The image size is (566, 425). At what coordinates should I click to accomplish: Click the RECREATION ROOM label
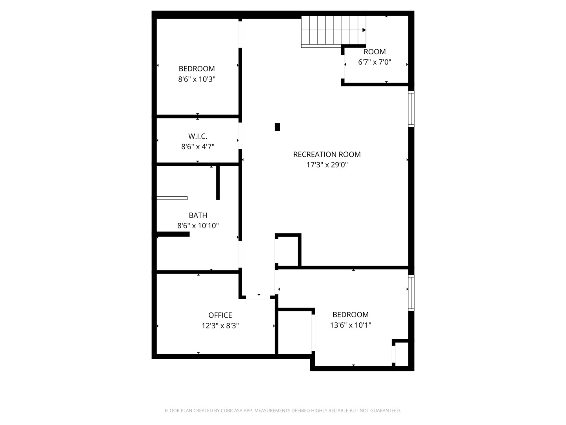(x=327, y=154)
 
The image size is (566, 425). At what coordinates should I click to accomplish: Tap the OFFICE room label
(x=220, y=315)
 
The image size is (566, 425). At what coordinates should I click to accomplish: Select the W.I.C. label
(x=198, y=136)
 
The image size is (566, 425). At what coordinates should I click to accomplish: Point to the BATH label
(x=198, y=215)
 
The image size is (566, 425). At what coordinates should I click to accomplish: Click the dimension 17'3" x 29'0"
(x=327, y=164)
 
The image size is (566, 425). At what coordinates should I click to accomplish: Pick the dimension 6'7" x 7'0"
(x=375, y=62)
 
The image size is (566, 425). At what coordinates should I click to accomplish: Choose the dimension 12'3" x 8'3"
(x=220, y=326)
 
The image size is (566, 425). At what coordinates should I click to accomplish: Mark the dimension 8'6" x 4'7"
(x=198, y=146)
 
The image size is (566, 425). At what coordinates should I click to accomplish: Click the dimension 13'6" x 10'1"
(x=351, y=325)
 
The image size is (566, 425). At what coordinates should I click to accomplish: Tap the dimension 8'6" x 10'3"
(x=197, y=79)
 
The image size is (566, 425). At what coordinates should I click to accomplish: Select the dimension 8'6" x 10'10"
(x=198, y=226)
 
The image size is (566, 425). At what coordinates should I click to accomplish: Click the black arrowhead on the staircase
(x=364, y=30)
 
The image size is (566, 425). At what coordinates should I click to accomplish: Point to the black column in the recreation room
(x=277, y=127)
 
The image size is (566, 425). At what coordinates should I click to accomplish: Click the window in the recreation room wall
(x=411, y=109)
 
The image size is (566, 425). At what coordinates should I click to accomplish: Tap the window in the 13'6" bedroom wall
(x=411, y=293)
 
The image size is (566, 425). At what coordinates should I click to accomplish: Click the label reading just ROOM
(x=375, y=52)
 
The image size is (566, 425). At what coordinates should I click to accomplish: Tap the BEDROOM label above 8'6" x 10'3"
(x=197, y=68)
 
